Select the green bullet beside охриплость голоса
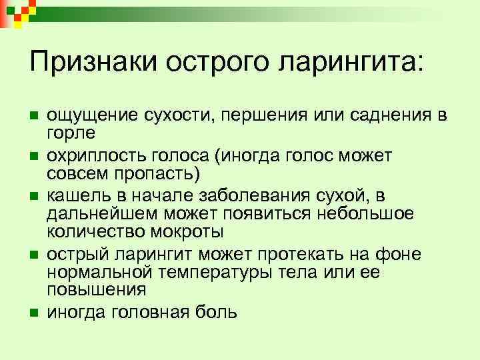pos(34,157)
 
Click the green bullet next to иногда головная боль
pos(34,313)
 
